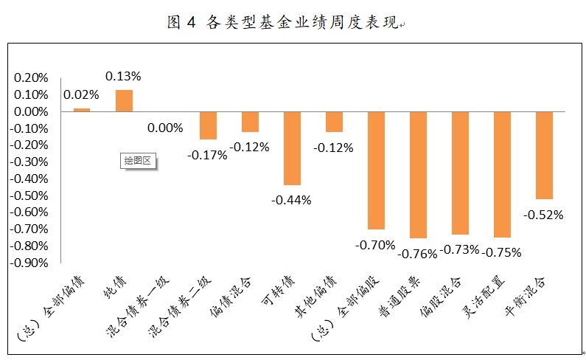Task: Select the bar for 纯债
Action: tap(124, 100)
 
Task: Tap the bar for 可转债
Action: tap(292, 148)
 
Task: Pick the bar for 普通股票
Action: tap(418, 175)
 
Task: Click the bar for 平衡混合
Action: tap(544, 156)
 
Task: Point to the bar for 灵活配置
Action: tap(502, 175)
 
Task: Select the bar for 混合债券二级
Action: tap(208, 125)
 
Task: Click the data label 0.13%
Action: tap(124, 77)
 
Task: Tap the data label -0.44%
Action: tap(292, 199)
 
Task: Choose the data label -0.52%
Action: tap(544, 215)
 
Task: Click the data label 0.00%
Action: tap(165, 128)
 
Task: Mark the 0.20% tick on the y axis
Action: tap(31, 77)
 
